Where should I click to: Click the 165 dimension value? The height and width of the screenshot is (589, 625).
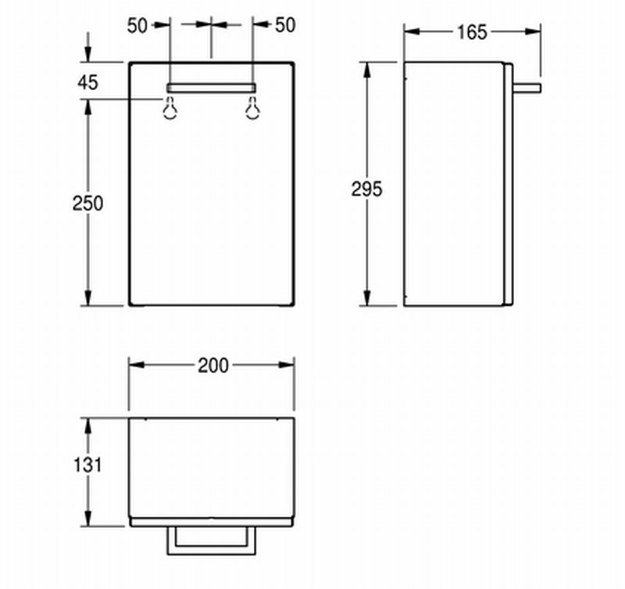pos(472,32)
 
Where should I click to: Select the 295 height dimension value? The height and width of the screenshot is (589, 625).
pos(366,189)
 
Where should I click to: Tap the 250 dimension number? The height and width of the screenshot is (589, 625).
pos(87,203)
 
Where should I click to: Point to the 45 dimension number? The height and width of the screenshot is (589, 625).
pos(87,83)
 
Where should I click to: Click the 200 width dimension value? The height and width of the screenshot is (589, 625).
pos(213,365)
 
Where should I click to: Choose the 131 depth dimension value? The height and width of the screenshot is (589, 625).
pos(87,465)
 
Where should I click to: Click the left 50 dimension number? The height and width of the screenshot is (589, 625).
pos(137,26)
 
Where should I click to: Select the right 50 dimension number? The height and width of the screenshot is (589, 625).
pos(285,25)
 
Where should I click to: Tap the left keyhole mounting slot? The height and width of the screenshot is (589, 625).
pos(170,108)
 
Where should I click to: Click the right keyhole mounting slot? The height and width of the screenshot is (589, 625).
pos(252,108)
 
